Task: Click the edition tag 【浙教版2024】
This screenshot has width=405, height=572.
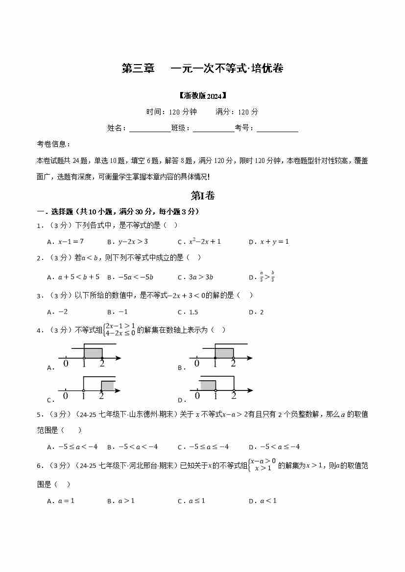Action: [202, 95]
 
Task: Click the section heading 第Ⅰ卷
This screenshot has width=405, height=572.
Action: [202, 196]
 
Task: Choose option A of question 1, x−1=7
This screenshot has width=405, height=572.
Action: [71, 242]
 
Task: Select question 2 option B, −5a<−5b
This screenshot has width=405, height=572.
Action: [136, 277]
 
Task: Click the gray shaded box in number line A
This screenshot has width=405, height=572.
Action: [93, 353]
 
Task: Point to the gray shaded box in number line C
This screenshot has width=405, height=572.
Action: [107, 385]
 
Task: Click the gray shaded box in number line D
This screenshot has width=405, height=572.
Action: [208, 385]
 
